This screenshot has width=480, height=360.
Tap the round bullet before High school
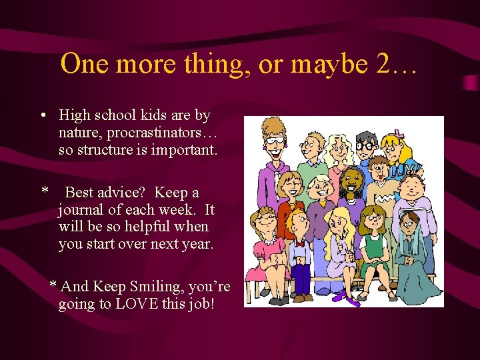coord(43,115)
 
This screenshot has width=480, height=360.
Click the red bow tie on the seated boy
coord(299,244)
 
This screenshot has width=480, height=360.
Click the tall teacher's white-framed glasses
coord(274,141)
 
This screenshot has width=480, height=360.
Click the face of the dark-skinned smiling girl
coord(352,181)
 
